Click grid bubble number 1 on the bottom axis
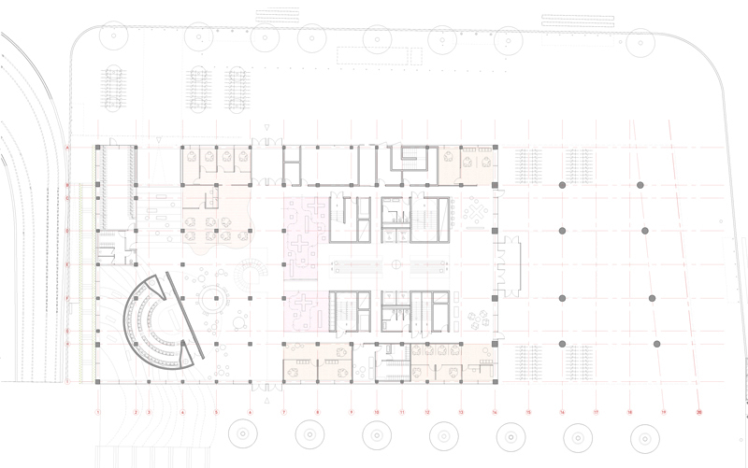click(97, 411)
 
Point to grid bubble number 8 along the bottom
click(318, 411)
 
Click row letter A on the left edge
click(67, 149)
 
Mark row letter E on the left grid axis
click(67, 264)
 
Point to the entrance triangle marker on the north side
click(267, 127)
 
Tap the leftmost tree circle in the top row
click(115, 37)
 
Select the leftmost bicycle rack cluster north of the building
click(115, 89)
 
